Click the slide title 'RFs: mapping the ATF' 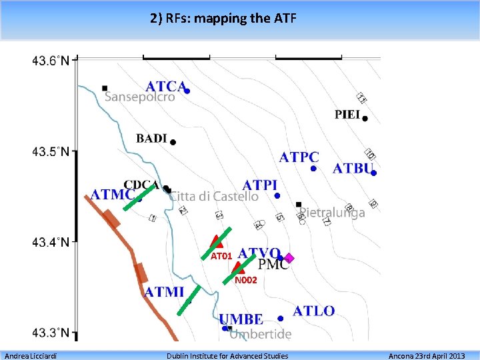pos(223,18)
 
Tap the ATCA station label pos(165,86)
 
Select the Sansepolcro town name pos(140,97)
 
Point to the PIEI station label pos(347,115)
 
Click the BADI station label pos(151,138)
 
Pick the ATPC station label pos(299,157)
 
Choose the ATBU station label pos(353,168)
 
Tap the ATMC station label pos(113,195)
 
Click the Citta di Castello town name pos(214,196)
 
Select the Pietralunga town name pos(332,213)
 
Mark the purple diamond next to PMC pos(289,258)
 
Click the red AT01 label pos(221,256)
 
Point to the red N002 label pos(245,281)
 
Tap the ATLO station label pos(313,311)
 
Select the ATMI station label pos(164,291)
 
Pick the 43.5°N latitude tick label pos(50,151)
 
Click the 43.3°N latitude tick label pos(50,332)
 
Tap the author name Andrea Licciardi pos(30,355)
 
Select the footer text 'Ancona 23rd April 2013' pos(427,355)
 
